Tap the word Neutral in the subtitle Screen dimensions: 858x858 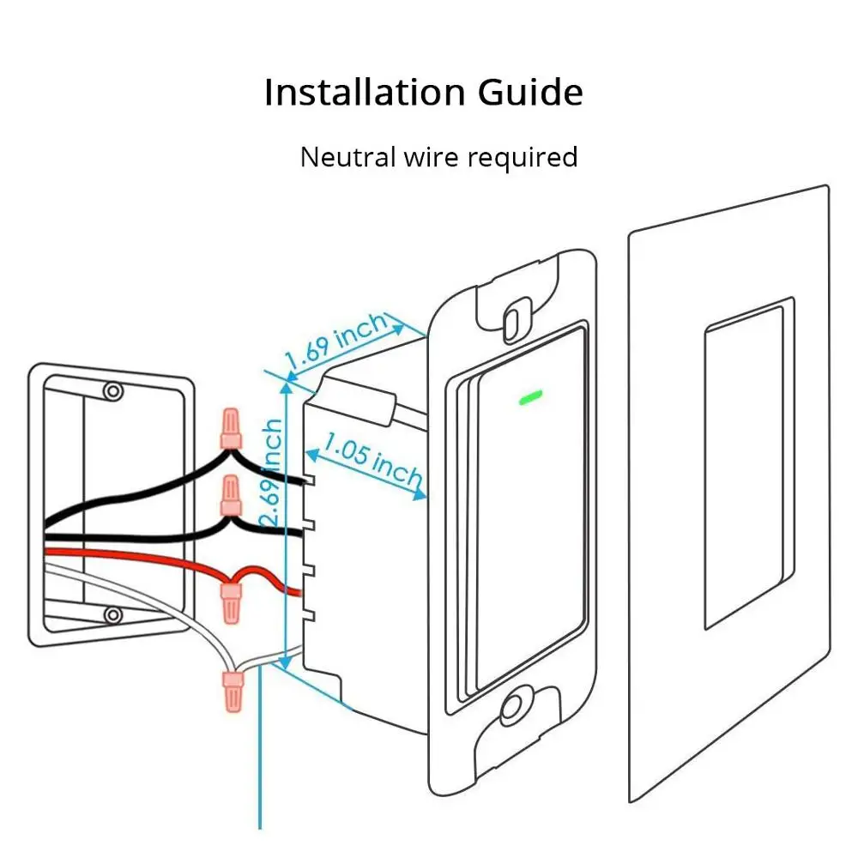pyautogui.click(x=347, y=157)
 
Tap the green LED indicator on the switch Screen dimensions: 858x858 pyautogui.click(x=529, y=397)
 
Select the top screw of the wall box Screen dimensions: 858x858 pyautogui.click(x=112, y=392)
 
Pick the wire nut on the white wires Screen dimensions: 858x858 pyautogui.click(x=232, y=691)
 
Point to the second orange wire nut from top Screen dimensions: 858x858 pyautogui.click(x=230, y=497)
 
